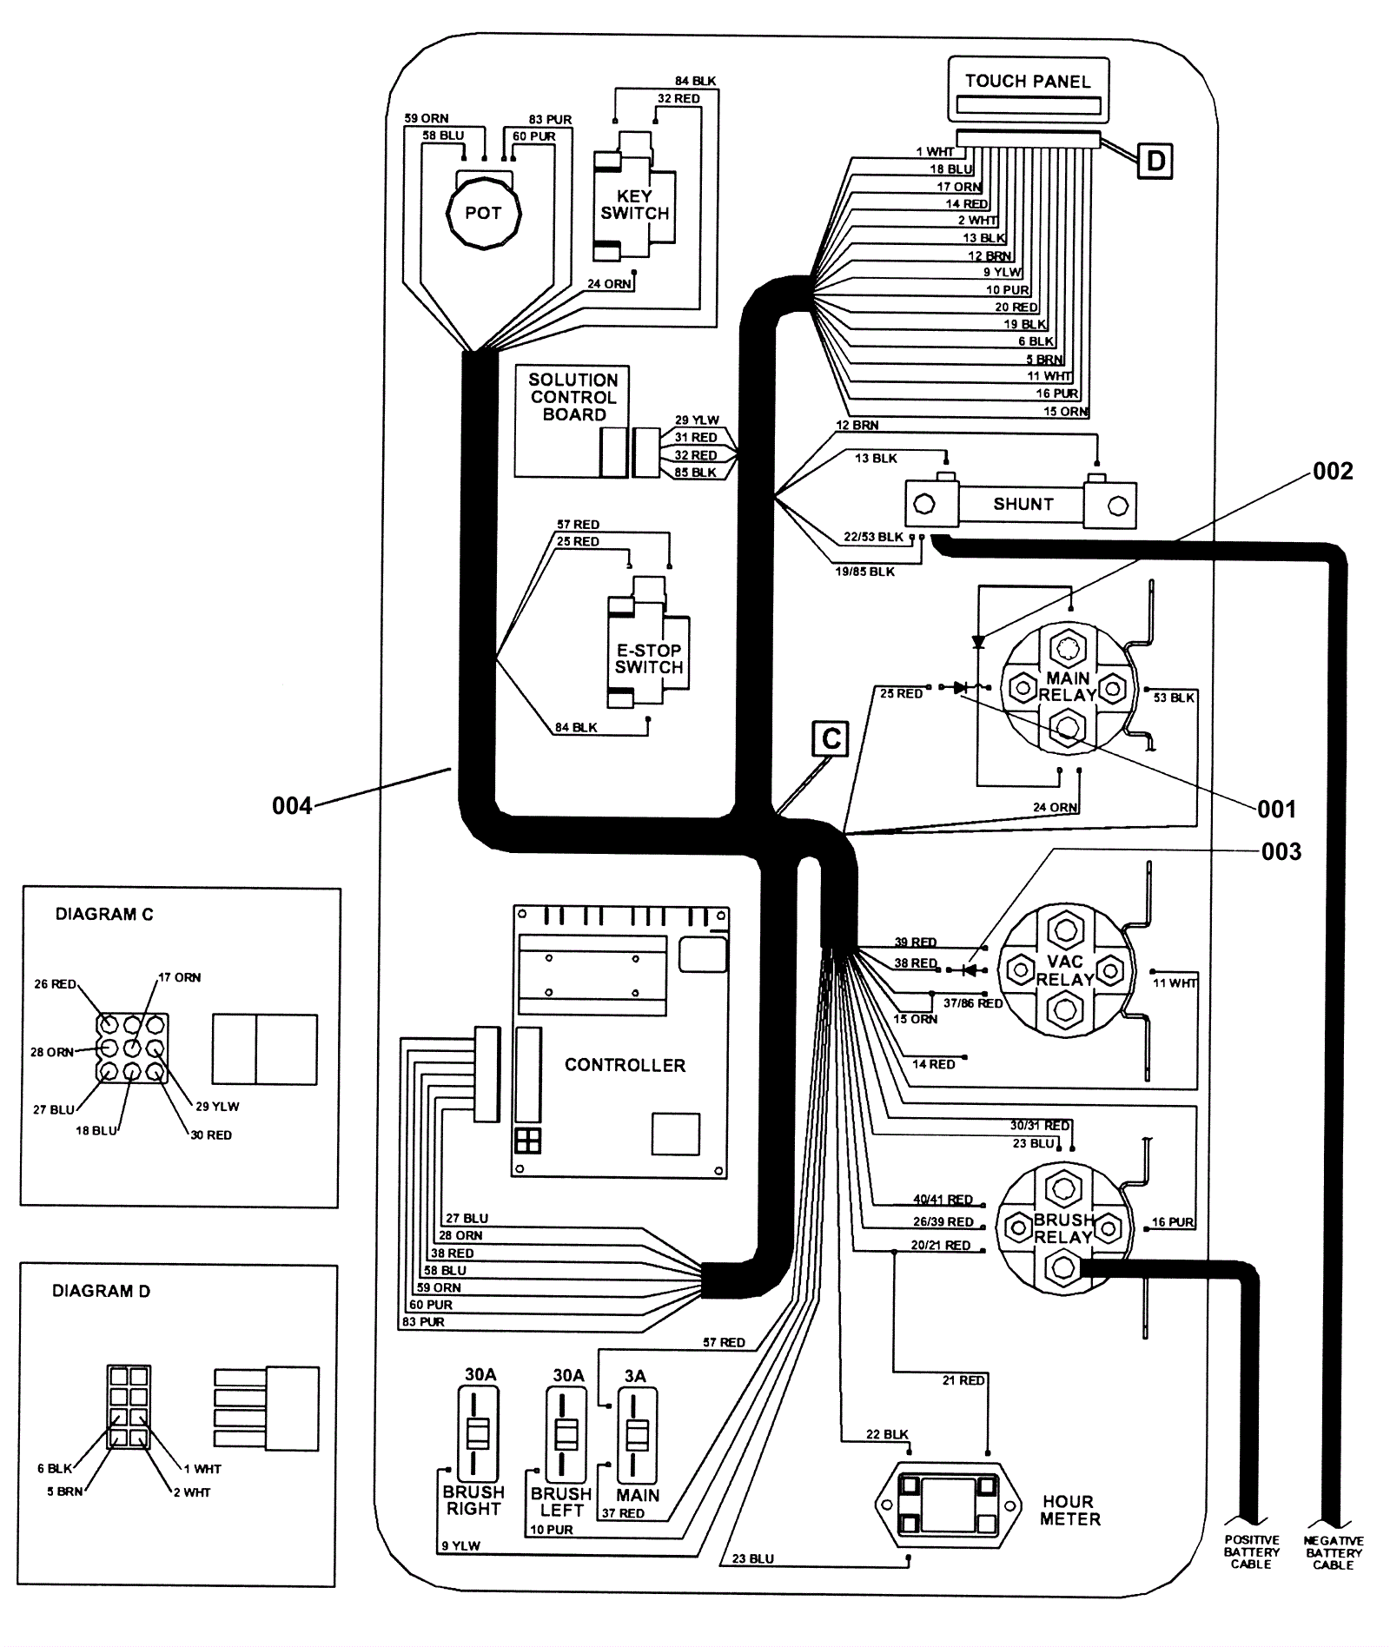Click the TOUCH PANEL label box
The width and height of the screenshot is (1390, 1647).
tap(1028, 89)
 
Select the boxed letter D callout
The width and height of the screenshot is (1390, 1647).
tap(1155, 161)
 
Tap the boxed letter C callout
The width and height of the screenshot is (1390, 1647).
tap(830, 739)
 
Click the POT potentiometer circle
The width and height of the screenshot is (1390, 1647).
tap(483, 213)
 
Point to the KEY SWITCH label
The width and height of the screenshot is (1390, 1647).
tap(635, 205)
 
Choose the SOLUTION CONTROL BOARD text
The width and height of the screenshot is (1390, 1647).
tap(573, 397)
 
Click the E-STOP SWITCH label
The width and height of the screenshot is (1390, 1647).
tap(649, 658)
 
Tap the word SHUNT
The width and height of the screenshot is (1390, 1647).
tap(1023, 504)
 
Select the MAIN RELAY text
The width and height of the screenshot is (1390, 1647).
tap(1068, 686)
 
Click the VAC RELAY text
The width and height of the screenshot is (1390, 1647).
tap(1065, 970)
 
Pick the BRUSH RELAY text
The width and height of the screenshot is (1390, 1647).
tap(1063, 1228)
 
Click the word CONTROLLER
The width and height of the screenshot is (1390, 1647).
tap(625, 1065)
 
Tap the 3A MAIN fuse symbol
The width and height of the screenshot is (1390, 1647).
tap(637, 1436)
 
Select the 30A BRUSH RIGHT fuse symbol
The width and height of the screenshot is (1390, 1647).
tap(478, 1434)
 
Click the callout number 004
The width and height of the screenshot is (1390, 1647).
tap(292, 806)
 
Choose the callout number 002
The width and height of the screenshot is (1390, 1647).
tap(1333, 472)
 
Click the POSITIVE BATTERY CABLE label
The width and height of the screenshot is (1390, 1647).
tap(1251, 1551)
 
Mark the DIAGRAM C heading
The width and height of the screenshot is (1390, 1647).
tap(104, 914)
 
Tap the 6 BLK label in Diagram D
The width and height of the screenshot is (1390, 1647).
tap(55, 1468)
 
